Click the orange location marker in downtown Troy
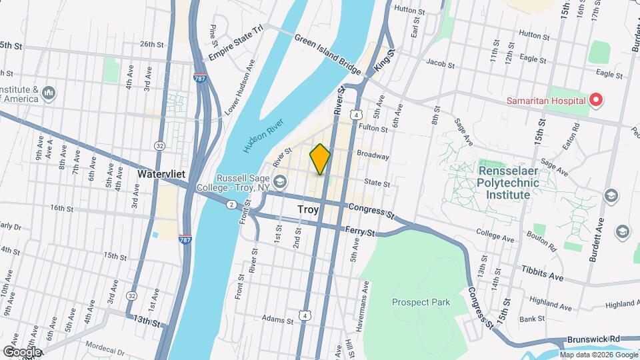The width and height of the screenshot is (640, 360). pyautogui.click(x=320, y=159)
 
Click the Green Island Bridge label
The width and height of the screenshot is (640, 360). pyautogui.click(x=327, y=53)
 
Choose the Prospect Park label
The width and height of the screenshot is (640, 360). pyautogui.click(x=421, y=302)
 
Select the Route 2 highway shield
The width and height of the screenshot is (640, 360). pyautogui.click(x=231, y=204)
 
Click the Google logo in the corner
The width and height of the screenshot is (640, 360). pyautogui.click(x=21, y=351)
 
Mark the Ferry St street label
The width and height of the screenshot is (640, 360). pyautogui.click(x=361, y=231)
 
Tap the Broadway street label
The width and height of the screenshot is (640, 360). pyautogui.click(x=373, y=154)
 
